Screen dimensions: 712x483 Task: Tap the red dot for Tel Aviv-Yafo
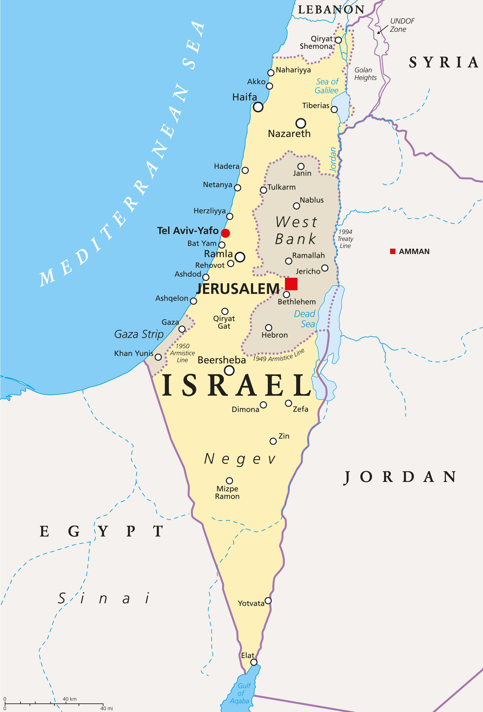click(225, 233)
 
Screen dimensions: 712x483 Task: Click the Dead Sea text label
click(305, 319)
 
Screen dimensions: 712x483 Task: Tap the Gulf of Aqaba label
click(241, 693)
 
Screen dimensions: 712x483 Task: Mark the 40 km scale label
click(70, 699)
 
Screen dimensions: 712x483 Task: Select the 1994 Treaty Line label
click(345, 239)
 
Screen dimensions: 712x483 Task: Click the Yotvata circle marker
click(268, 601)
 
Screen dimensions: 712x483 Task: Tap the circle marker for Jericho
click(325, 268)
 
